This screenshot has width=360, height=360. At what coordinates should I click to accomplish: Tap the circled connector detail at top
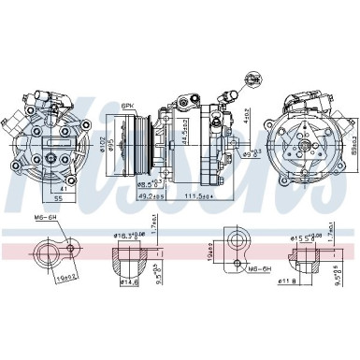(252, 79)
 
